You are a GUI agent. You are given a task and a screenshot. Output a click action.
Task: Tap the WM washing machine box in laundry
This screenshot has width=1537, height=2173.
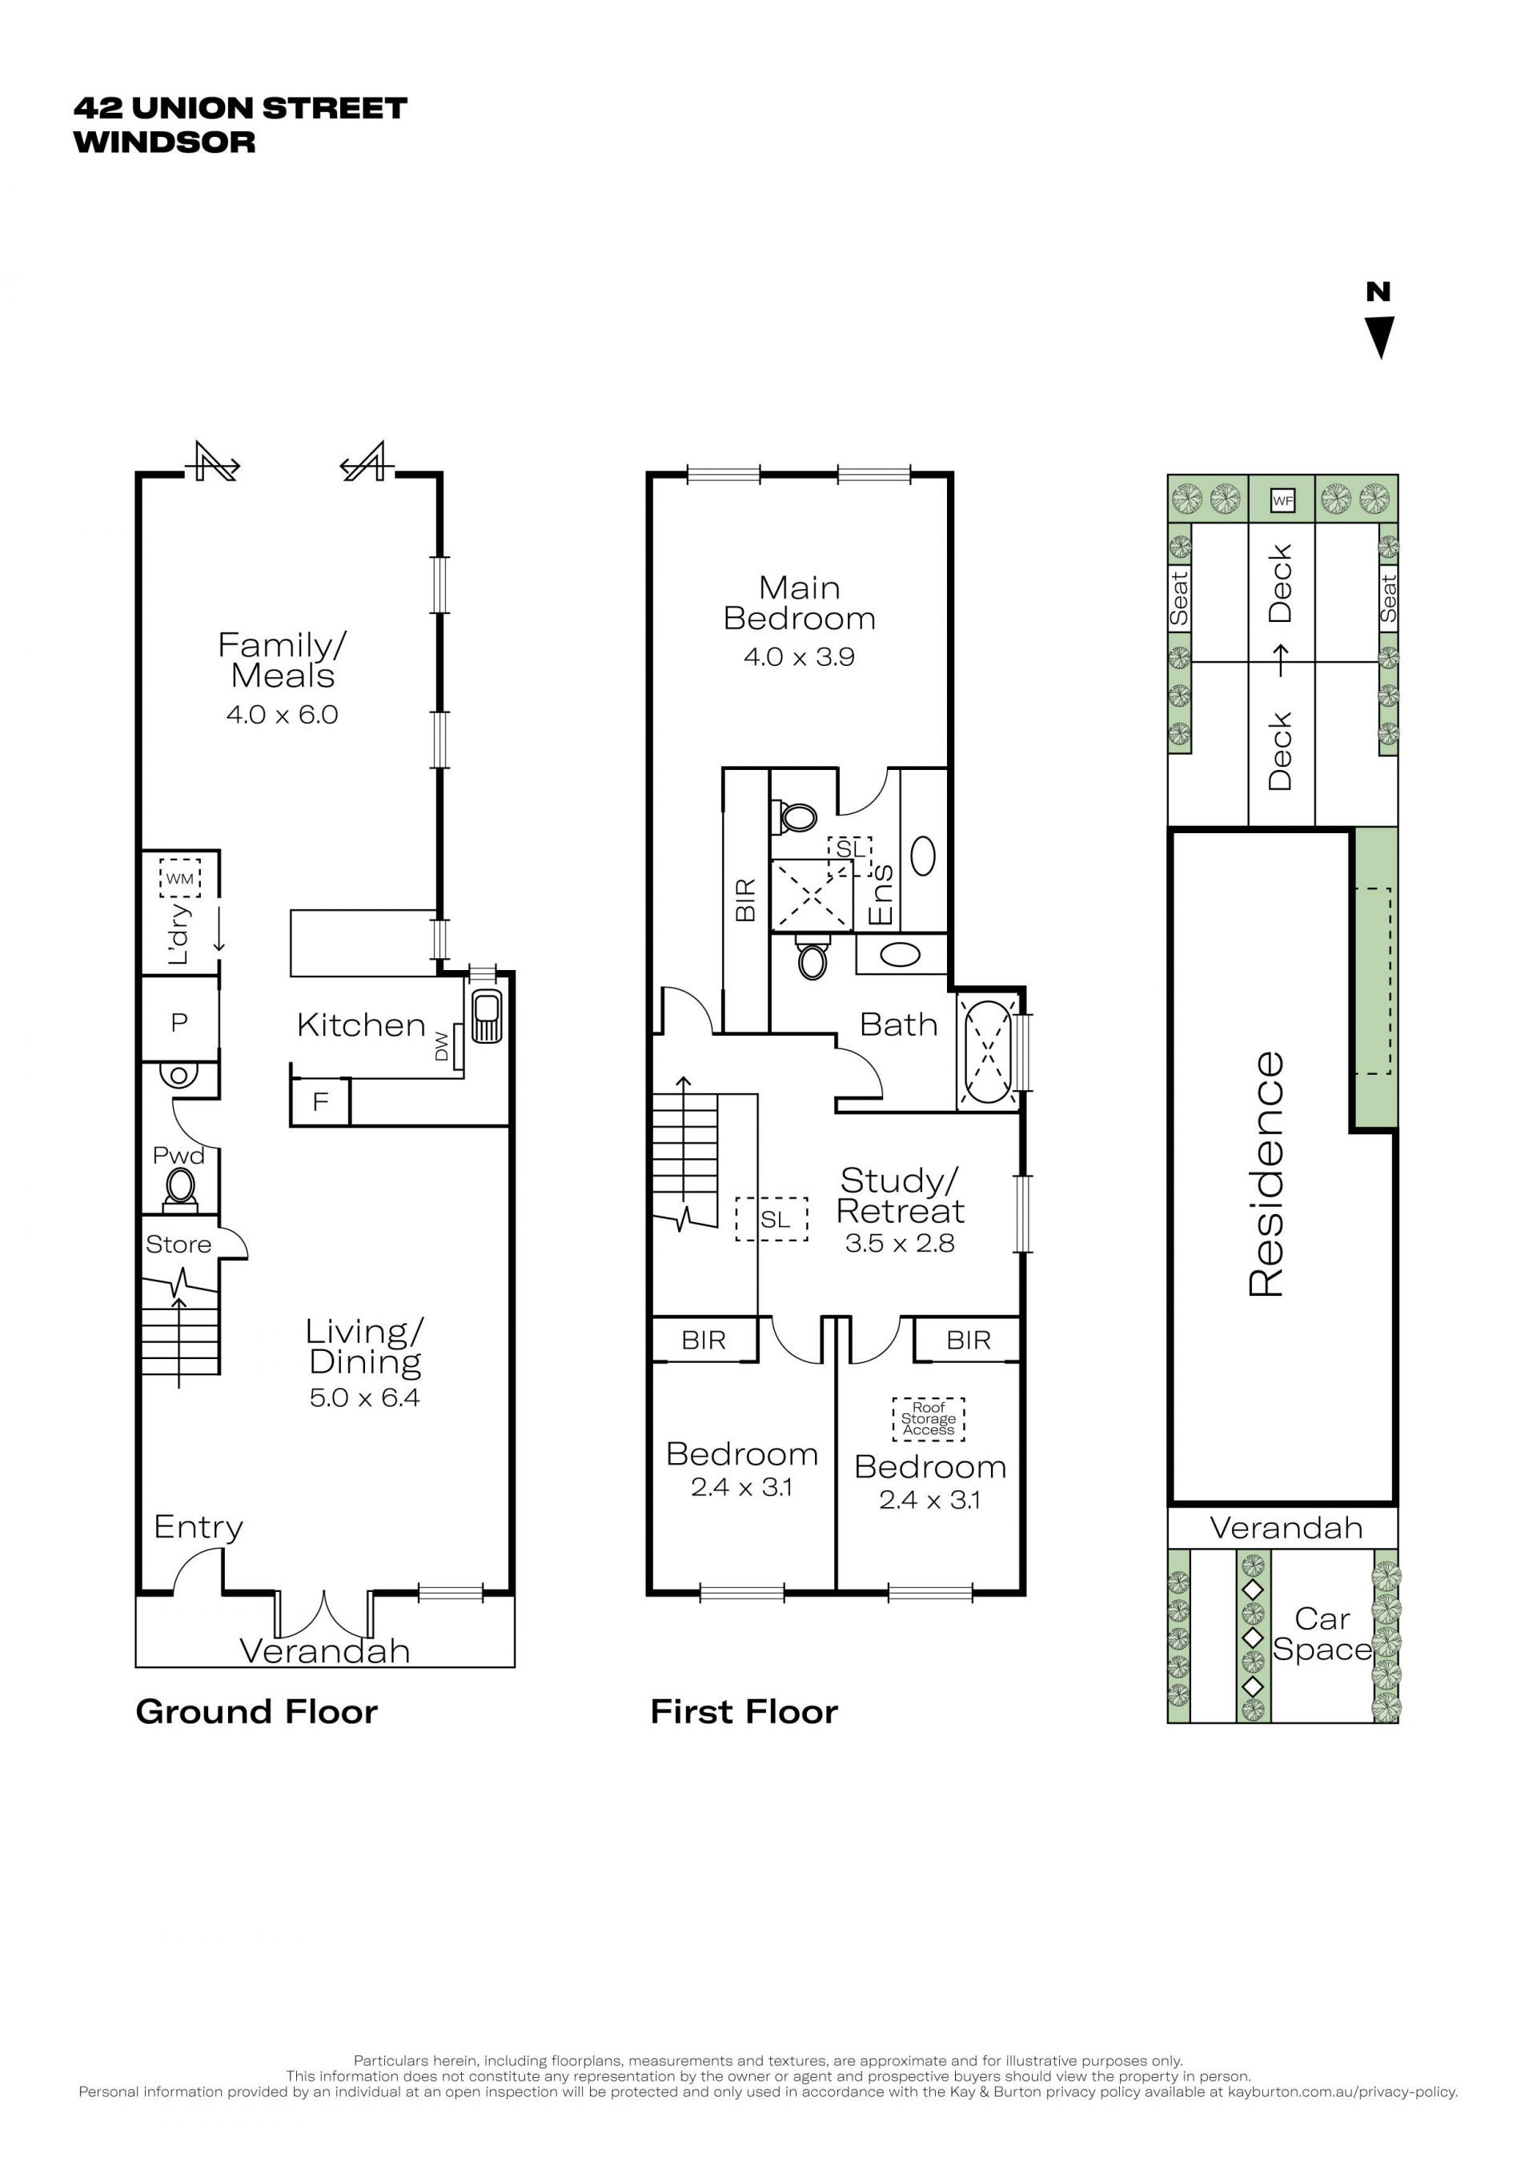click(180, 877)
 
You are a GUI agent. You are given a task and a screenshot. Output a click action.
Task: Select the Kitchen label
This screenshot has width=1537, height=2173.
click(360, 1025)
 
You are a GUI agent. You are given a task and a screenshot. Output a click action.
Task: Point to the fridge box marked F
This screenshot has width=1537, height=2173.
click(321, 1101)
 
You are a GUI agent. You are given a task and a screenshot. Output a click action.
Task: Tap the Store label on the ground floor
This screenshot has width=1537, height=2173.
click(178, 1245)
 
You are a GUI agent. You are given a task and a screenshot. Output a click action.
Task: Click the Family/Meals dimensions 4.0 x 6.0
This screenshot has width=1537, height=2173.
click(282, 715)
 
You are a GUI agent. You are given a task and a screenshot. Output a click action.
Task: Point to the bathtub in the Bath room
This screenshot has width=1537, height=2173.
click(988, 1052)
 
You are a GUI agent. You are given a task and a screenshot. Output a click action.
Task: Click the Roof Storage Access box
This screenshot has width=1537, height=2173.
click(929, 1419)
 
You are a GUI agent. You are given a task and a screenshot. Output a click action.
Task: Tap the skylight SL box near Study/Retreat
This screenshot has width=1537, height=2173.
click(773, 1220)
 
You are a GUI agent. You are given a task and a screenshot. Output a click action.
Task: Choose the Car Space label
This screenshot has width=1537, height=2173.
click(1322, 1634)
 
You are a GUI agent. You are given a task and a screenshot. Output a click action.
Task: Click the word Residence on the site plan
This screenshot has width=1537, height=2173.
click(1266, 1173)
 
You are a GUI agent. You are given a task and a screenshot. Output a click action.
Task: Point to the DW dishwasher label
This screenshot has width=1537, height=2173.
click(441, 1046)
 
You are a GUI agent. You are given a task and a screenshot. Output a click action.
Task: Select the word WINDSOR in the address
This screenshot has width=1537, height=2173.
click(165, 142)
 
